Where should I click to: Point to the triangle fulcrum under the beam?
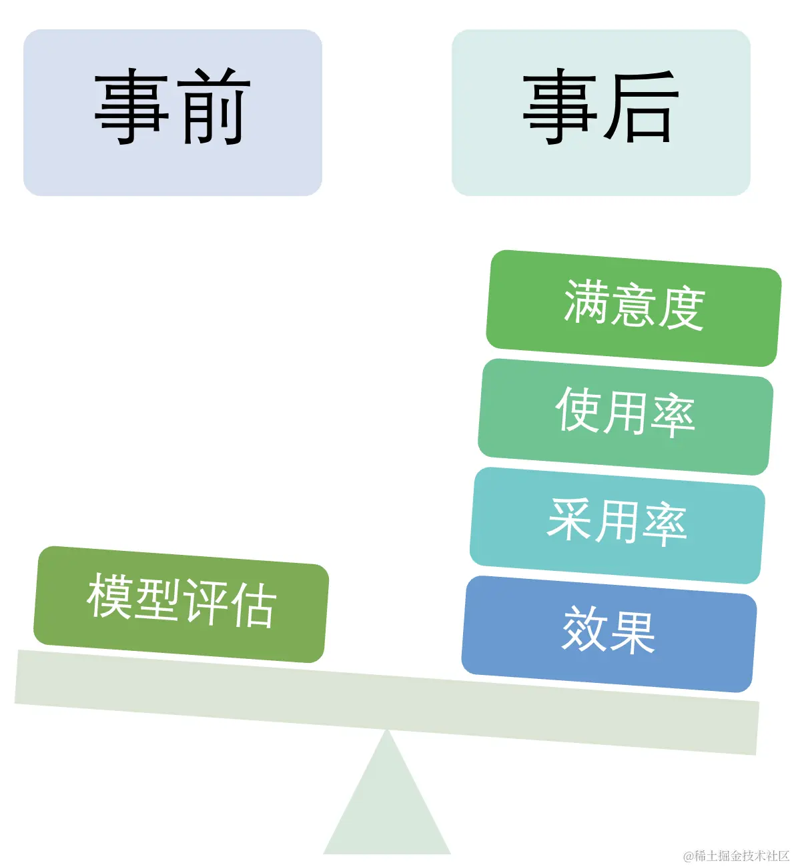coord(387,807)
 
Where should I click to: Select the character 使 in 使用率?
coord(578,409)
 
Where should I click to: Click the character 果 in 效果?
coord(633,632)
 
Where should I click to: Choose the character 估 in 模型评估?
coord(253,605)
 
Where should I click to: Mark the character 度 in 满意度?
coord(681,309)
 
